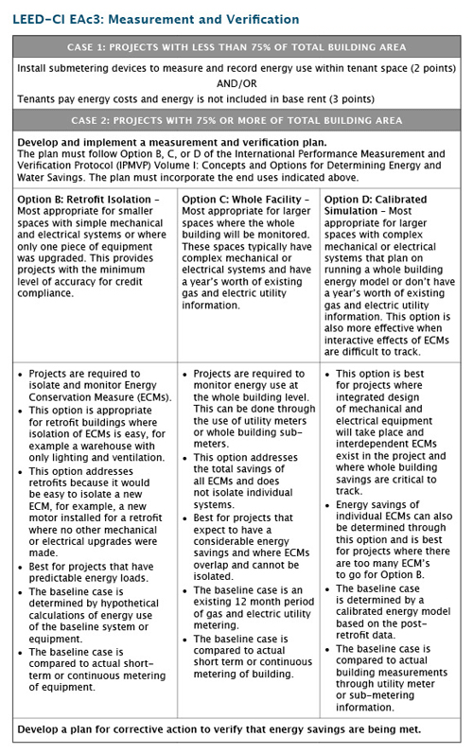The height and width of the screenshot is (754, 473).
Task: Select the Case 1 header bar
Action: tap(236, 47)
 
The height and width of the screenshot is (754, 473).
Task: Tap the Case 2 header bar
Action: tap(236, 120)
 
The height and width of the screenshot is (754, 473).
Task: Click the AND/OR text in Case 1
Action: tap(236, 82)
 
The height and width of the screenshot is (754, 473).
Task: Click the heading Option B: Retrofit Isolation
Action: tap(91, 200)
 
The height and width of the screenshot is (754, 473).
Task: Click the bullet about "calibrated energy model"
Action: tap(393, 625)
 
